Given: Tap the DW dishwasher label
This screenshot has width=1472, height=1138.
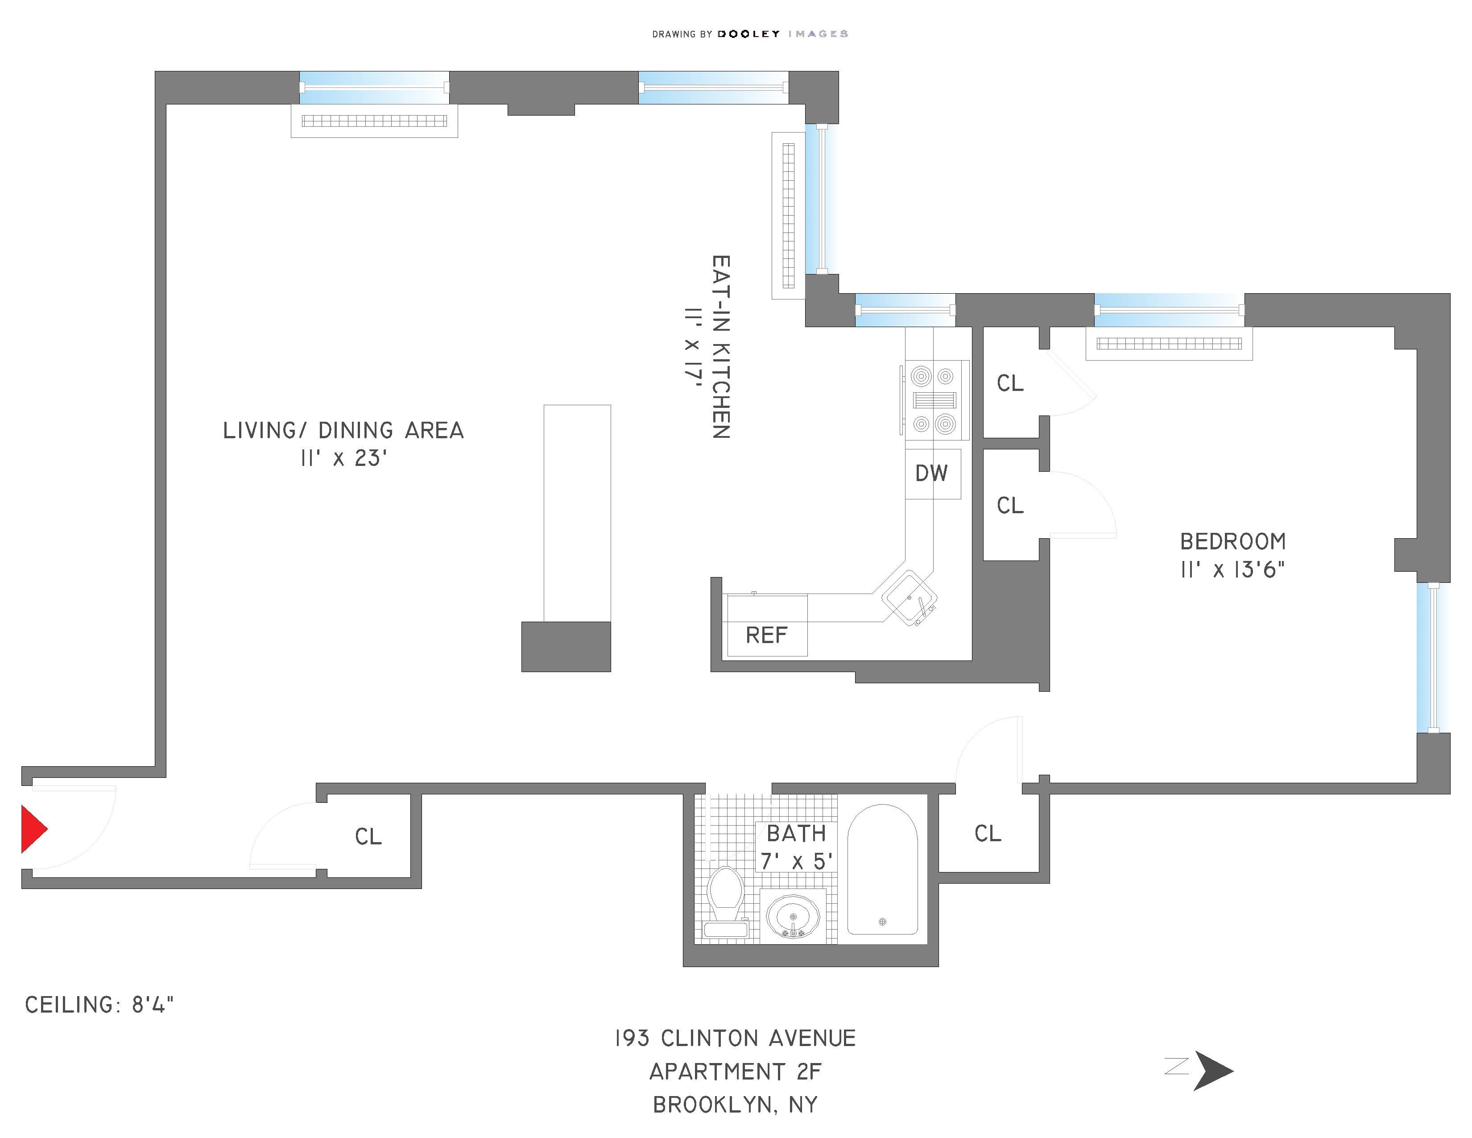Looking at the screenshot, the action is point(931,473).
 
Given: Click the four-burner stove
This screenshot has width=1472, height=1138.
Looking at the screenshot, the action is point(934,400).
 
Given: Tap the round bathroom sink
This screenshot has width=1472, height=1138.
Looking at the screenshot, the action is point(793,918).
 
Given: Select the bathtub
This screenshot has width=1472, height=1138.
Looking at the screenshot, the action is point(881,870).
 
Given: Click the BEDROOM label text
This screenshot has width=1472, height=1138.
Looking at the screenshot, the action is point(1232,541).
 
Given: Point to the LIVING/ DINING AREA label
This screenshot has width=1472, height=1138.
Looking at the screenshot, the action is point(343,430).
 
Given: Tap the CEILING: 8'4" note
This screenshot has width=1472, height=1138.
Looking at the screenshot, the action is point(99,1005).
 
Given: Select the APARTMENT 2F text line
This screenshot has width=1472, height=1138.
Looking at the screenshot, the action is point(735,1071).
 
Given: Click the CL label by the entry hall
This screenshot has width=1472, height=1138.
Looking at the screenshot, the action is point(368,837).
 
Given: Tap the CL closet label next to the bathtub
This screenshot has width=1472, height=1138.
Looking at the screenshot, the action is point(988,833).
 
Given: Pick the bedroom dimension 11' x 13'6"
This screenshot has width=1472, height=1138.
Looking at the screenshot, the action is point(1232,570).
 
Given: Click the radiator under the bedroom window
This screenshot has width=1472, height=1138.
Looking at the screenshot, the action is point(1169,344).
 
